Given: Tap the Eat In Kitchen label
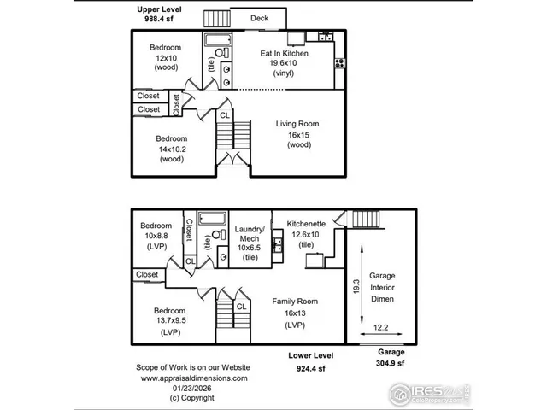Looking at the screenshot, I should pos(284,53).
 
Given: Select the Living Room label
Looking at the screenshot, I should pos(296,124).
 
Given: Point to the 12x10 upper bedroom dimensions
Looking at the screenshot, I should pos(164,56).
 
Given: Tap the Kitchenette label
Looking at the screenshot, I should pos(304,224).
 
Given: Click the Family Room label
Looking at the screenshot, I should pos(295,302).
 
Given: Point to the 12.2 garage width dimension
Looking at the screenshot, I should pos(381,327).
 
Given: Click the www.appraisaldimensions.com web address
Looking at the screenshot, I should pos(193,377).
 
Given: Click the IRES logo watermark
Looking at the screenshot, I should pos(427,392).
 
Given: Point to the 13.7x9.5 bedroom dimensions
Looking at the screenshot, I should pos(170,321).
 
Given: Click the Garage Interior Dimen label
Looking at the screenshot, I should pos(382,289).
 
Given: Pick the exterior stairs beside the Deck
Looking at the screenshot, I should pos(215,17).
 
